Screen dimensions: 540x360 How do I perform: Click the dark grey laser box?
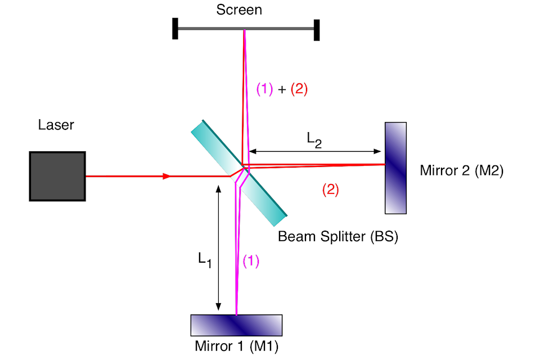point(57,176)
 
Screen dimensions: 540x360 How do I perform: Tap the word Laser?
point(56,125)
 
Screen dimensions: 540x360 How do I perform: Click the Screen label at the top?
point(239,10)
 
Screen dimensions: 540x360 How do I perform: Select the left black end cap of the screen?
point(175,29)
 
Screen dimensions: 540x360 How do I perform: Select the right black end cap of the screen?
point(317,30)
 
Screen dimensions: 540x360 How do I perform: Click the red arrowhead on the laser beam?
point(166,177)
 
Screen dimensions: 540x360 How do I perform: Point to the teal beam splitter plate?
point(239,173)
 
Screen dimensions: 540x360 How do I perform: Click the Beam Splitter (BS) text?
point(338,237)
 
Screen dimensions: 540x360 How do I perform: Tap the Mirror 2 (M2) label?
point(461,170)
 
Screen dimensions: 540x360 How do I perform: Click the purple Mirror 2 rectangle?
point(395,168)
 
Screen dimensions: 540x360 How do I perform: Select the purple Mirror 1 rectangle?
point(237,325)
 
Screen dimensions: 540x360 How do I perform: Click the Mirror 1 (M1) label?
point(237,346)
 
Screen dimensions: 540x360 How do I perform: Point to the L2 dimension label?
point(314,140)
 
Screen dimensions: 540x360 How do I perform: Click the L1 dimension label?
point(205,260)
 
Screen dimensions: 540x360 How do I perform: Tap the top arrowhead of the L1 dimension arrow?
point(218,189)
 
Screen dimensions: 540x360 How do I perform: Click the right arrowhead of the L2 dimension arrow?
point(377,151)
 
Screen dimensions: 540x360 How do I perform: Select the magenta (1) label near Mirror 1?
point(251,261)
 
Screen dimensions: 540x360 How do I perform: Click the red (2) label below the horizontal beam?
point(331,190)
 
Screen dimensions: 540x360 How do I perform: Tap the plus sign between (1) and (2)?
point(282,89)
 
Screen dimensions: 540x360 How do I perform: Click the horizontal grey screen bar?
point(246,29)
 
